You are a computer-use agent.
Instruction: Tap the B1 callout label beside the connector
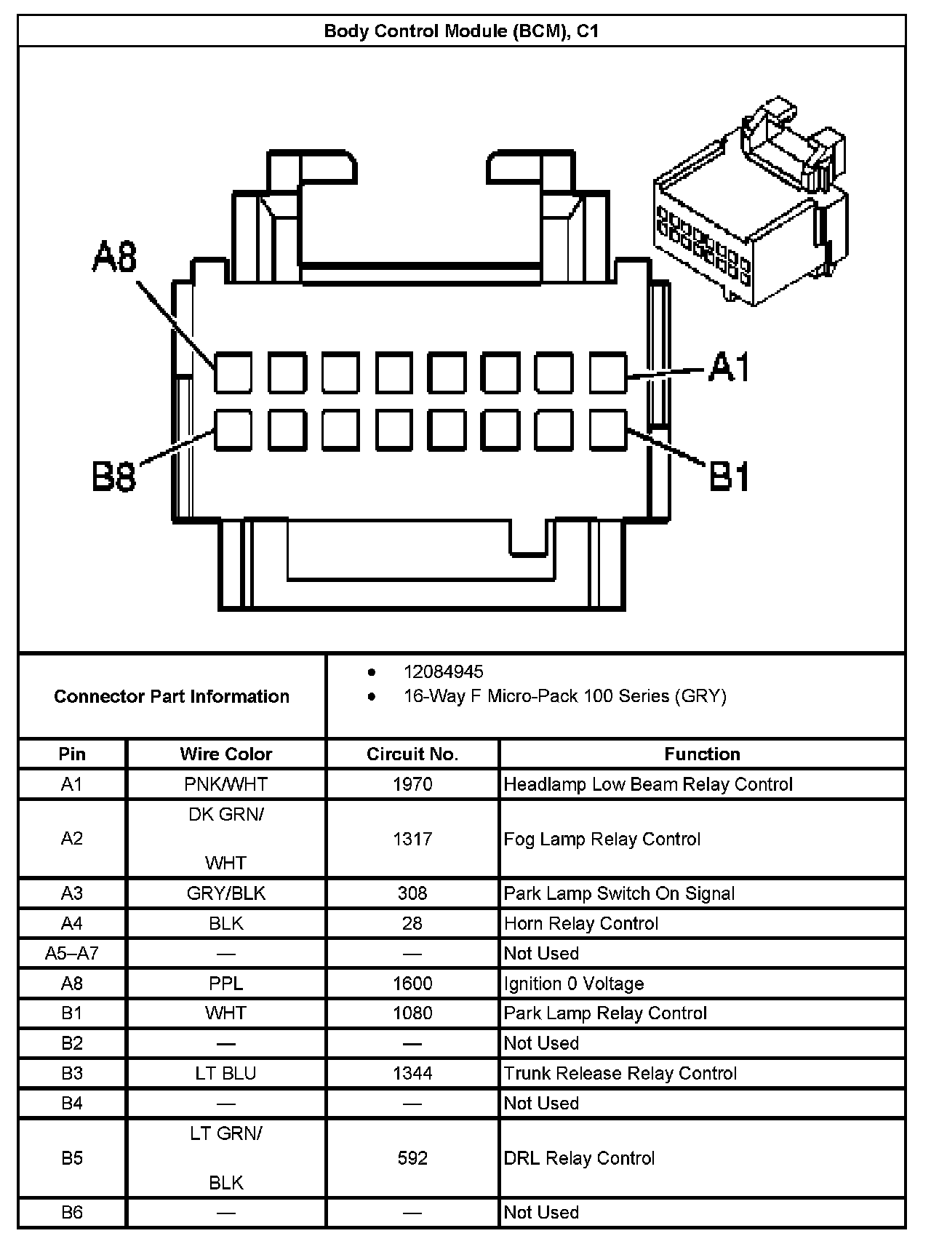[x=729, y=477]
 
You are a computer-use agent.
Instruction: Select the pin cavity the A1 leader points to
[x=607, y=372]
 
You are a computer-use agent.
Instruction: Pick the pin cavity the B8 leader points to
[x=233, y=429]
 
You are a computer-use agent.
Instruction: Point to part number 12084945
[x=443, y=671]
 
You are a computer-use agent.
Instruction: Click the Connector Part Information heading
[x=172, y=696]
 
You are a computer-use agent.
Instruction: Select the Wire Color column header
[x=225, y=754]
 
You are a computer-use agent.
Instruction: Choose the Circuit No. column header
[x=412, y=754]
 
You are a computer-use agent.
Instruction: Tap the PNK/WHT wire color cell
[x=225, y=784]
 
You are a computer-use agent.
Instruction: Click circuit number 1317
[x=412, y=839]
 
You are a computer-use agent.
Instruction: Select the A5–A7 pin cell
[x=71, y=953]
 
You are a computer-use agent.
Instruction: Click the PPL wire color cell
[x=225, y=984]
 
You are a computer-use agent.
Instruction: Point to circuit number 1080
[x=412, y=1013]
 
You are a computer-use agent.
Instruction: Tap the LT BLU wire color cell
[x=225, y=1073]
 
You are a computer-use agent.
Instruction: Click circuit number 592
[x=412, y=1158]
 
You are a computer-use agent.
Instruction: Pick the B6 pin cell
[x=71, y=1212]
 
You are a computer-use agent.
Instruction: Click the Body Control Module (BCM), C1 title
[x=461, y=31]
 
